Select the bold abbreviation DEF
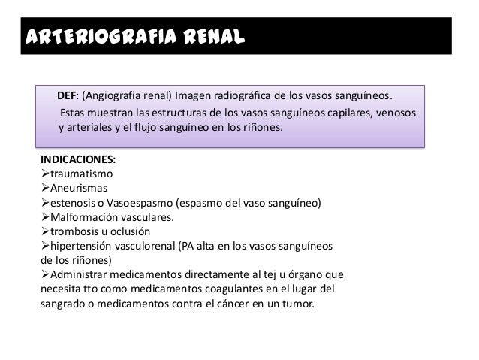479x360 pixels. pos(67,96)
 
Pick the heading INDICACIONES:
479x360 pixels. pos(77,160)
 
